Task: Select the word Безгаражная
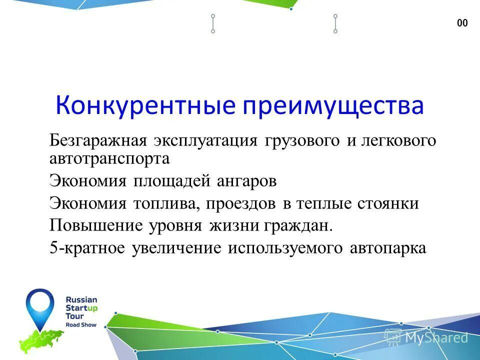(97, 141)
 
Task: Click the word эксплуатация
(205, 141)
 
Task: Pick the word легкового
(397, 141)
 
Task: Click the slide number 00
(462, 23)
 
